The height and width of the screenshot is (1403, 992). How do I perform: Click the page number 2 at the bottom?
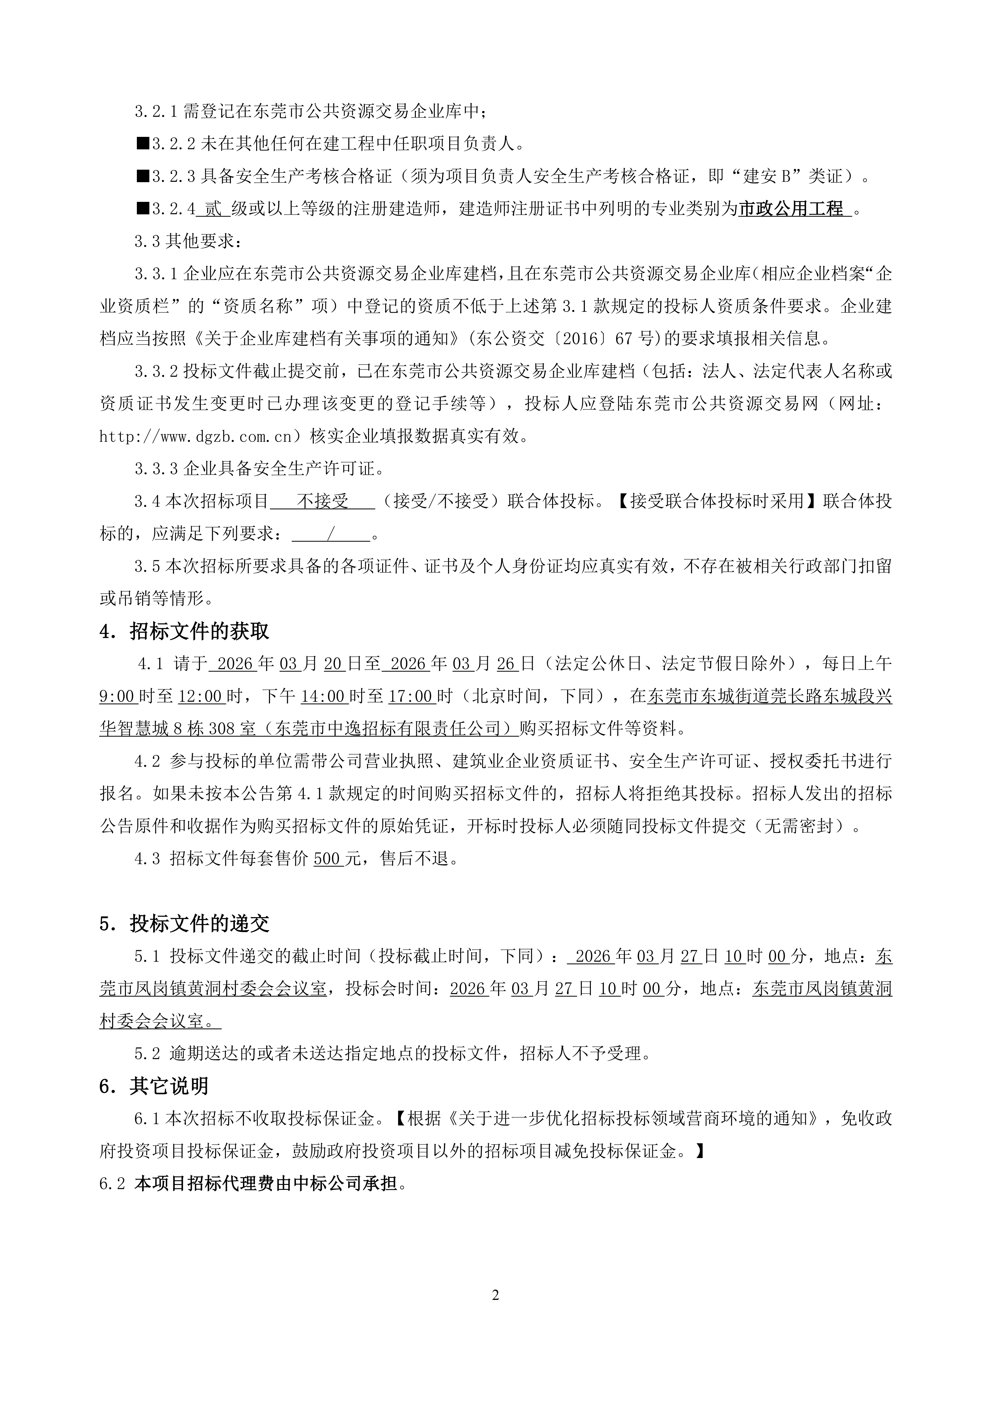tap(496, 1294)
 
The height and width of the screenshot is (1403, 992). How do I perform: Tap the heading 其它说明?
tap(169, 1086)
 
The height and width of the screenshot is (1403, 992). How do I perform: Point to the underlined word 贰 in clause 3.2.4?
tap(213, 209)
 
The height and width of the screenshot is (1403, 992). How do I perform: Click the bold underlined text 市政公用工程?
tap(791, 209)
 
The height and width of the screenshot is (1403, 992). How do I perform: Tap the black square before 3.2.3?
tap(143, 177)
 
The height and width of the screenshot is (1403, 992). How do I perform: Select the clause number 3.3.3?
tap(156, 469)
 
